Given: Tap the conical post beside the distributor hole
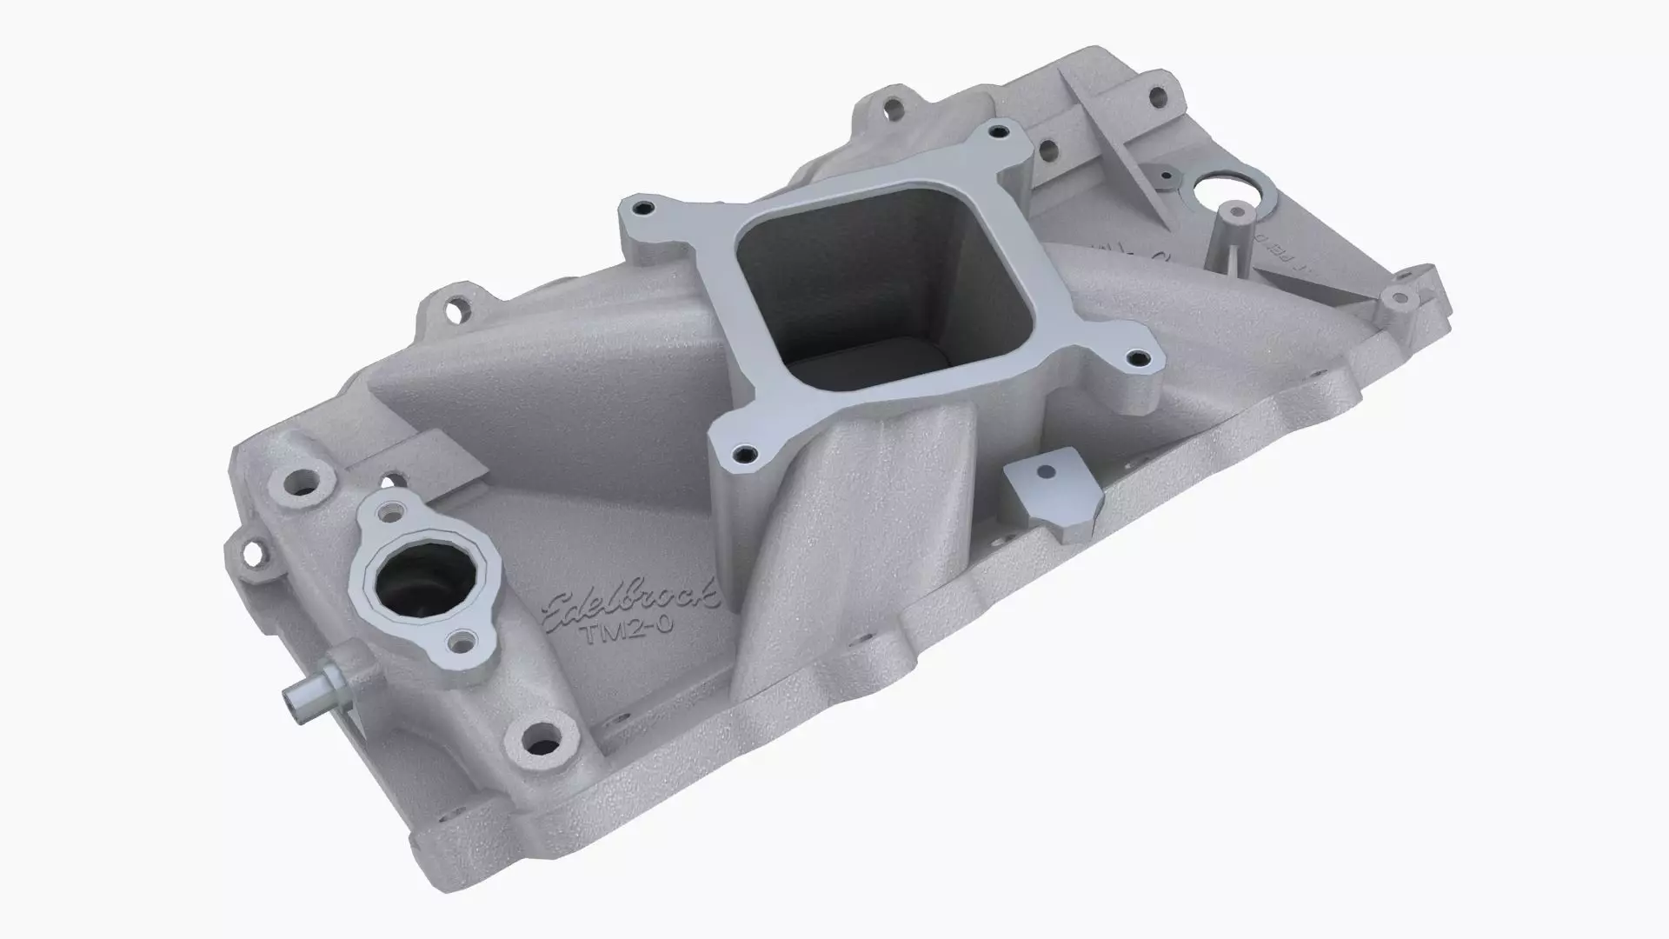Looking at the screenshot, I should pos(1227,233).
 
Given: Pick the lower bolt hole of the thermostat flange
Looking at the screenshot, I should pos(458,643).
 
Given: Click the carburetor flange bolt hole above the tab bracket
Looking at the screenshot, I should pos(1134,356).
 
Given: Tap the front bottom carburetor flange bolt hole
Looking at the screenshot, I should pos(741,453).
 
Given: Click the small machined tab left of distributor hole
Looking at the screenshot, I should pos(1165,175).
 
